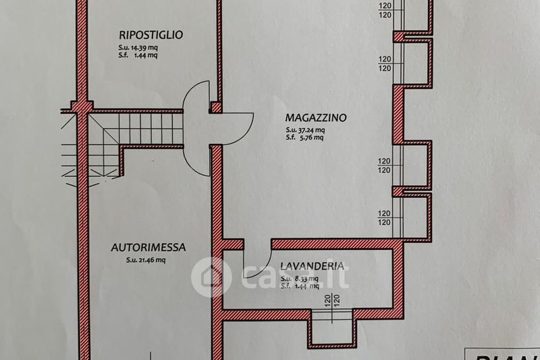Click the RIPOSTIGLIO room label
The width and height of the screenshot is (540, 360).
pos(151,34)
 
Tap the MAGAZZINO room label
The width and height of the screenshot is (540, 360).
pos(315,118)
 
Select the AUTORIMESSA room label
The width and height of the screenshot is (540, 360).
pos(148,248)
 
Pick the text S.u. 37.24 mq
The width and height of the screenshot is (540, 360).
pos(305,130)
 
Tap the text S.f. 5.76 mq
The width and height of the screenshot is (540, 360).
pos(304,138)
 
